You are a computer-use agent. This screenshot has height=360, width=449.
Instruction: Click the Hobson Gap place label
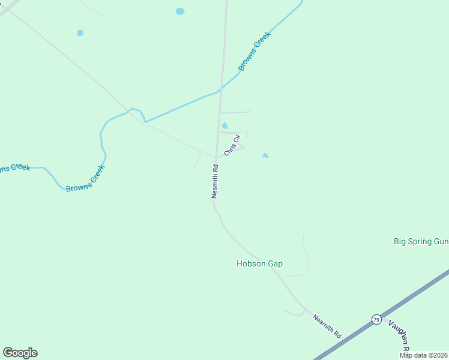coord(259,263)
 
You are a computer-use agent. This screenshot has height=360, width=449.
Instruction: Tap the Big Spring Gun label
coord(421,241)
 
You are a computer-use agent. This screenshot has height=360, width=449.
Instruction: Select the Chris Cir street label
coord(232,145)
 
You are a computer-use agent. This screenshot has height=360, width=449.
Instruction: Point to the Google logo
coord(20,353)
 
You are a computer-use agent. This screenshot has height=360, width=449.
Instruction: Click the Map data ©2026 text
coord(424,355)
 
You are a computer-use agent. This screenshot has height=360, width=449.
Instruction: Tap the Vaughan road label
coord(399,335)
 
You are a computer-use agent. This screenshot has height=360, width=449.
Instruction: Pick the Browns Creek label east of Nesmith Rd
coord(255,51)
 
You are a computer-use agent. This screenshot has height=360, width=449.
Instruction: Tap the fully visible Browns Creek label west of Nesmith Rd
coord(85,179)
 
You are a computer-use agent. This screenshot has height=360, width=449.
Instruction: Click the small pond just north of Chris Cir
coord(224,125)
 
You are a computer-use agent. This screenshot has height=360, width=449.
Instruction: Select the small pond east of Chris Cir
coord(265,156)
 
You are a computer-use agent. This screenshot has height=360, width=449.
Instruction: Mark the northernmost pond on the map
coord(180,11)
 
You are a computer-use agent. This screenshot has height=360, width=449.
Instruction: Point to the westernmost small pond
coord(80,33)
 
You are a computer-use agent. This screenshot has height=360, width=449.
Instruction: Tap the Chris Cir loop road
coord(240,148)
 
